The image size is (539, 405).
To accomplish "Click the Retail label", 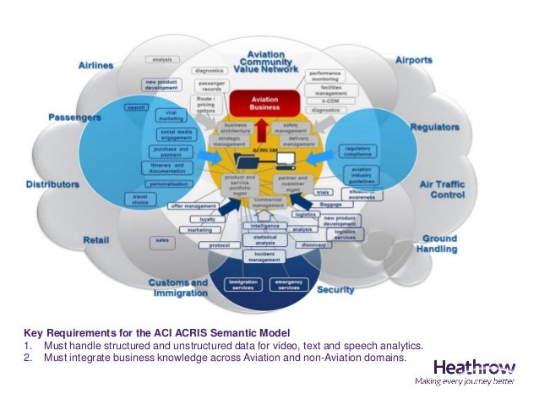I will (95, 241).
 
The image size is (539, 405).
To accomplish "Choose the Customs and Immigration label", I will (177, 287).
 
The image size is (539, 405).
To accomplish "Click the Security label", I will (335, 290).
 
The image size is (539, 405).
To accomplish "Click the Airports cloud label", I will (413, 61).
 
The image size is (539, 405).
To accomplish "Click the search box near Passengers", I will (135, 107).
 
